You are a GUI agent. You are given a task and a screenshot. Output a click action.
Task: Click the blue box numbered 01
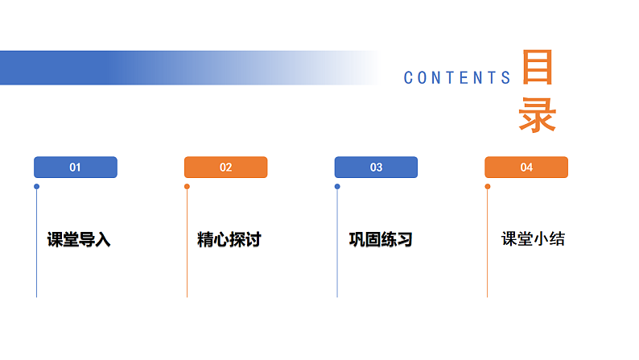[x=76, y=168]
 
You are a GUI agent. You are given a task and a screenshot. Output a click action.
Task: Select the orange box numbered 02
[x=225, y=168]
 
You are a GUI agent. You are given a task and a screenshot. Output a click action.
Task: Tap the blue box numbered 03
[x=376, y=168]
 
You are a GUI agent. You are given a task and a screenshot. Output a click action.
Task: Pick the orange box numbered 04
[x=526, y=168]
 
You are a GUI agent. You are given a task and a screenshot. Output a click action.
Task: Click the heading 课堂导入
[x=79, y=239]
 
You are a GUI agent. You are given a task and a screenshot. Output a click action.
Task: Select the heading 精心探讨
[x=229, y=239]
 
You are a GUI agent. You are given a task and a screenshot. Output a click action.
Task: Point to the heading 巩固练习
[x=380, y=239]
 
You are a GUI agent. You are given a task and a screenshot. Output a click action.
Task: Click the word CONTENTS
[x=457, y=78]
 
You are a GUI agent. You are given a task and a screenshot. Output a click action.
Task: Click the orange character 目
[x=537, y=68]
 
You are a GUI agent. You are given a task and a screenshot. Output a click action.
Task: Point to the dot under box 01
[x=36, y=187]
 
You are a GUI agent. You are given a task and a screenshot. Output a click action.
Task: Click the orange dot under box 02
[x=187, y=187]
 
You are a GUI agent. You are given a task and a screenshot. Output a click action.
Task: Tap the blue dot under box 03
[x=337, y=187]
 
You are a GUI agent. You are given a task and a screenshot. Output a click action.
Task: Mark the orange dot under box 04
[x=488, y=187]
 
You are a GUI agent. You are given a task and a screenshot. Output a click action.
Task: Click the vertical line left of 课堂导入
[x=36, y=250]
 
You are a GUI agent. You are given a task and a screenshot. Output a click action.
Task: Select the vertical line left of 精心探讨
[x=187, y=250]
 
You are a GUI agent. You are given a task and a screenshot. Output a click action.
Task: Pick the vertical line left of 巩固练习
[x=337, y=250]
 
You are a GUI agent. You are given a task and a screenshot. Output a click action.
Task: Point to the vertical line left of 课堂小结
[x=488, y=250]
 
